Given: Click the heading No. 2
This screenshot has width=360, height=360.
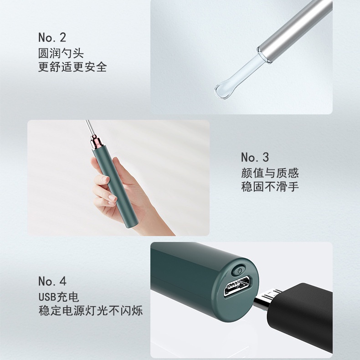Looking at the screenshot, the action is coord(52,37).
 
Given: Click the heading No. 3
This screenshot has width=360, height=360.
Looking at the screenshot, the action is coord(255,157).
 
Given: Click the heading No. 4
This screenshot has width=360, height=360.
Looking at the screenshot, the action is coord(52,281).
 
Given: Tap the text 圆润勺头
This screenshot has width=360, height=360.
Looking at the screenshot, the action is coord(61,53).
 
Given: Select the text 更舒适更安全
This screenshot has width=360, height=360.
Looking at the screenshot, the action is coord(72,67).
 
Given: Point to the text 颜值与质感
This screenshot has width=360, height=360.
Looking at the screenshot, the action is coord(270,173).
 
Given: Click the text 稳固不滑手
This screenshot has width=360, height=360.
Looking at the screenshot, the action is coord(270,187).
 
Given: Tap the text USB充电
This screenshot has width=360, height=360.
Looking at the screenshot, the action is coord(59,297).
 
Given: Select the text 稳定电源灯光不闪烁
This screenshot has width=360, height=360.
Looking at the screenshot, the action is coord(91,311).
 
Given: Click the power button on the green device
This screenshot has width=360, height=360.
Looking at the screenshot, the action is coord(239,271).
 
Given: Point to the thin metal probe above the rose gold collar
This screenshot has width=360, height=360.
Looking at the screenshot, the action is coord(89,128).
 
